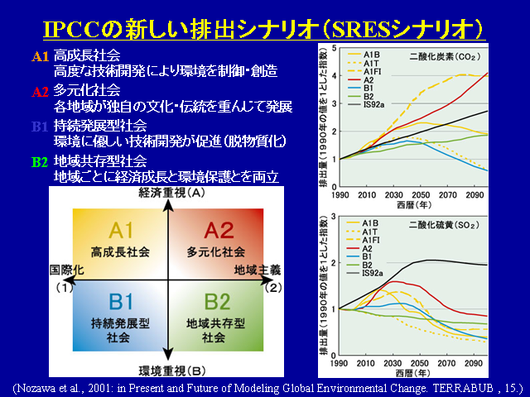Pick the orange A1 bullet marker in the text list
(x=40, y=56)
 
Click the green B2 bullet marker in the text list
(x=39, y=162)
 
